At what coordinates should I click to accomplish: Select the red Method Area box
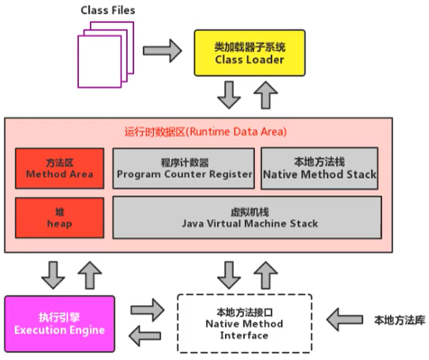tap(59, 168)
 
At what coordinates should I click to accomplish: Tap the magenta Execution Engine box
tap(59, 324)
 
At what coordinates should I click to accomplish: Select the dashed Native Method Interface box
tap(244, 323)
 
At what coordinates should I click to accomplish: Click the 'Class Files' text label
tap(107, 10)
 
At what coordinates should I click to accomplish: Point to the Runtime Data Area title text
tap(206, 132)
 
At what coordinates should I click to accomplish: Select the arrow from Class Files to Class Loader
tap(162, 50)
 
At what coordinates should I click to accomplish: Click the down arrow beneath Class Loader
tap(229, 96)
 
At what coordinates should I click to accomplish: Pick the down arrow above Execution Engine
tap(52, 274)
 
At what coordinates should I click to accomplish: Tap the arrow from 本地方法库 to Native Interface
tap(345, 318)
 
